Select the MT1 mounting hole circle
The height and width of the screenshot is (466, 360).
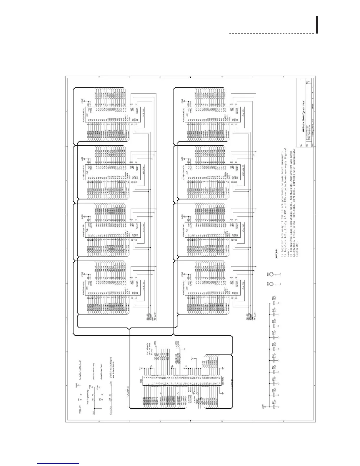point(272,284)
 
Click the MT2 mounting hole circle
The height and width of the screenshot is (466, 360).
point(272,274)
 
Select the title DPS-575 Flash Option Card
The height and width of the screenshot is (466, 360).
point(304,121)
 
